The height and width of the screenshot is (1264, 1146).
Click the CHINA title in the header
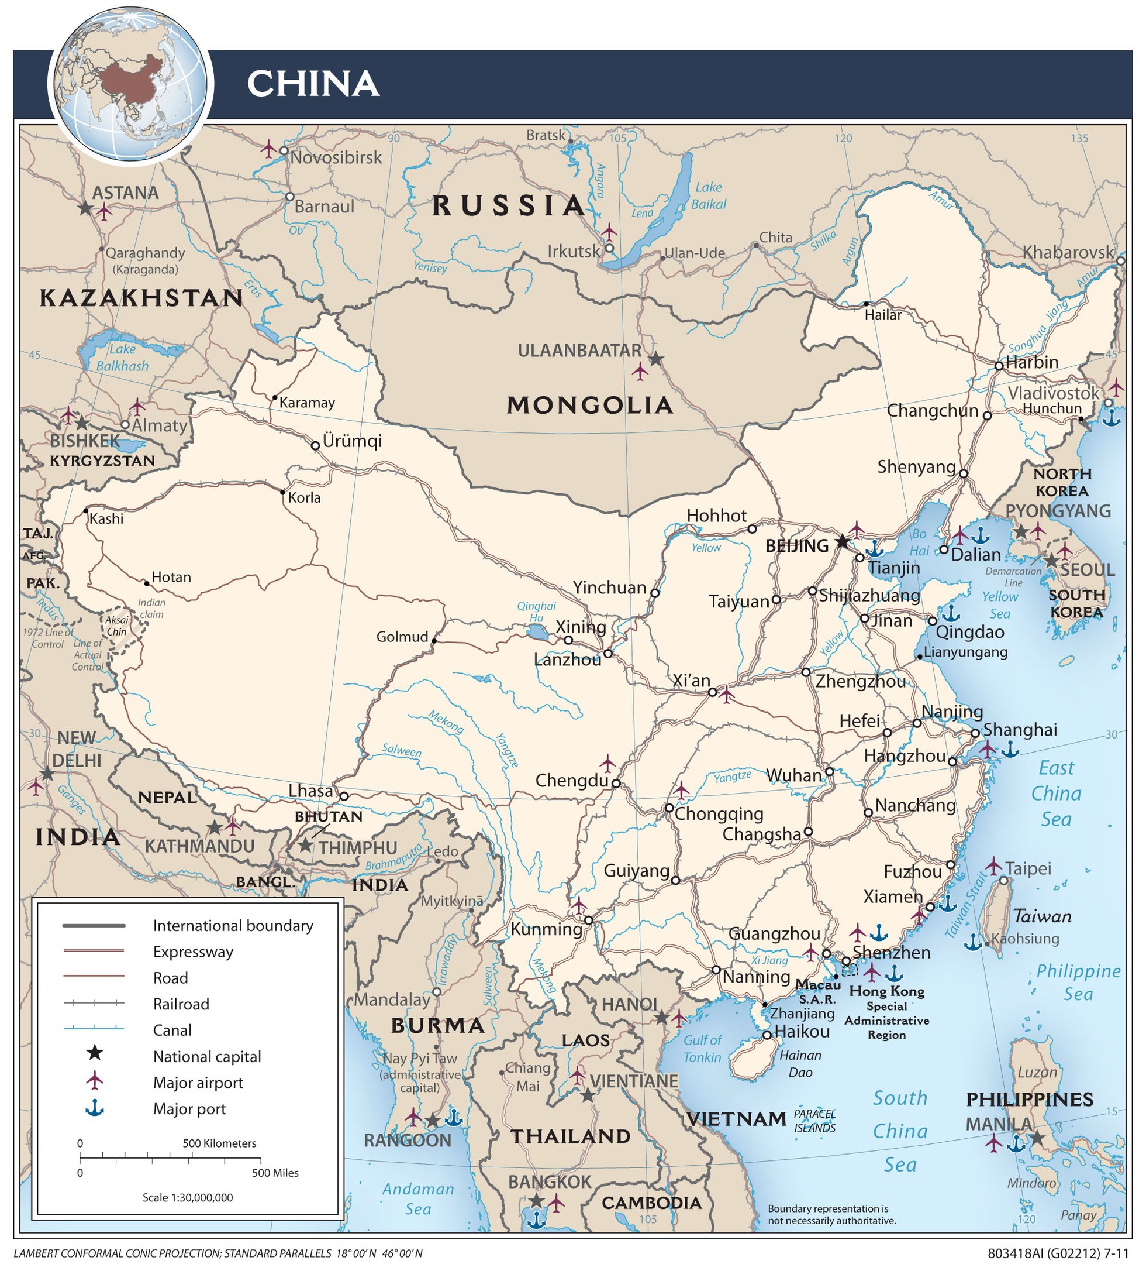(x=313, y=83)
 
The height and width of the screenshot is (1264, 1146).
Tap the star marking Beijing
(x=842, y=541)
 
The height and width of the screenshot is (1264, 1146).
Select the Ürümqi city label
(x=351, y=441)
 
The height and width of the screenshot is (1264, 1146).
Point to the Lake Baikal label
(x=709, y=195)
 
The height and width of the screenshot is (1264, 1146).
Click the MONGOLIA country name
(x=589, y=406)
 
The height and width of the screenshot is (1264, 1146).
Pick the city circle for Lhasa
(x=343, y=796)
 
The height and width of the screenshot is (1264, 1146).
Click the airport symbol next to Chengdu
(x=607, y=763)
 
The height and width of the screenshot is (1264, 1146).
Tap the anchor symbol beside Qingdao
(x=951, y=613)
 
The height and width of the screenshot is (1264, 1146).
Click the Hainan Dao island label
(x=800, y=1063)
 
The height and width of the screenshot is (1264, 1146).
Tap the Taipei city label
(x=1028, y=868)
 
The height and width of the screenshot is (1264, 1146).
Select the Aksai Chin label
(x=116, y=625)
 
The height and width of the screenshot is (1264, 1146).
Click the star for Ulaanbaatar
(x=655, y=359)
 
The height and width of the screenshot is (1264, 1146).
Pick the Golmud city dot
(x=434, y=641)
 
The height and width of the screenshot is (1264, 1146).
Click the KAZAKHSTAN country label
(x=141, y=298)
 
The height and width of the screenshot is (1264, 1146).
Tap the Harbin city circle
(x=999, y=366)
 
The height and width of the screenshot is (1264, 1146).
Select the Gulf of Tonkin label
(x=702, y=1048)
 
